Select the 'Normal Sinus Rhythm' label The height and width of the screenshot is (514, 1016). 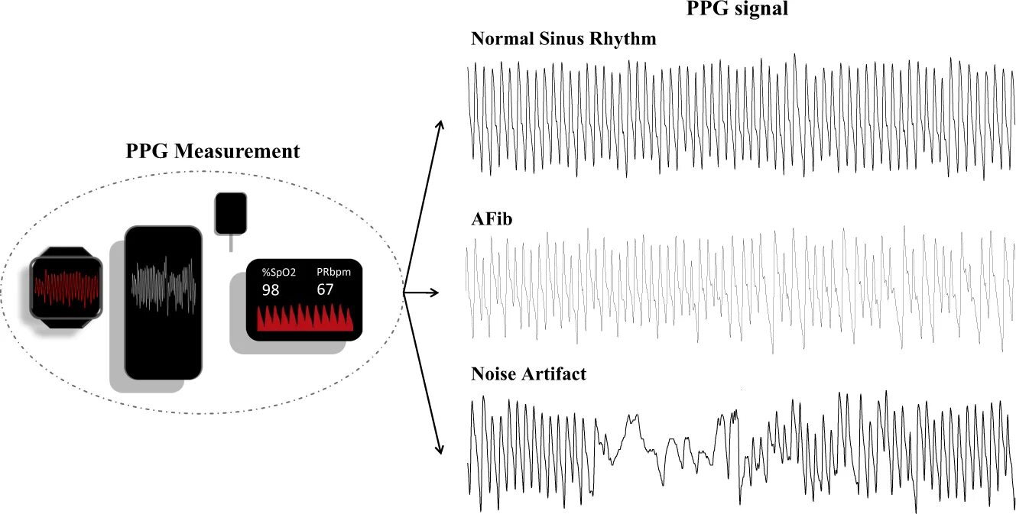click(563, 39)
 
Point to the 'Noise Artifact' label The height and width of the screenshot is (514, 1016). click(529, 374)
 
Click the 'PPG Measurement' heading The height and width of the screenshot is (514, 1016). click(213, 152)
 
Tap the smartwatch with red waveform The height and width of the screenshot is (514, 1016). click(66, 287)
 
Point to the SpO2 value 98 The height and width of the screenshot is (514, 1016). click(271, 290)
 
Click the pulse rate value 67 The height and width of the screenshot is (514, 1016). click(325, 290)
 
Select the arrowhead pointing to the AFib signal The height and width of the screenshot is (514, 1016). click(437, 293)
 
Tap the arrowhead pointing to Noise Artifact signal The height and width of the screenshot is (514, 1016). click(440, 450)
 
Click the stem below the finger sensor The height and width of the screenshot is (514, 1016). click(230, 242)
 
